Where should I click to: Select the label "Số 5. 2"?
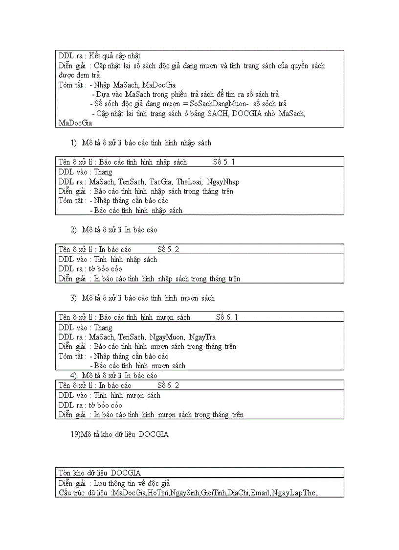pos(168,249)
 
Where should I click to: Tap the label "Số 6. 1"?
pos(227,317)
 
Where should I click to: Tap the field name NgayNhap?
pos(223,182)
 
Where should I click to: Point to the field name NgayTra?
pos(202,337)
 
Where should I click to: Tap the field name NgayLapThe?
pos(294,492)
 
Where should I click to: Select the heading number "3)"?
pos(74,298)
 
